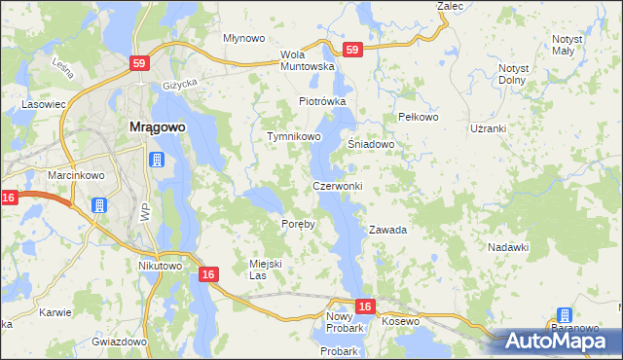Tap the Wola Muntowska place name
tap(307, 60)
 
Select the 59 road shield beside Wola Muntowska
tap(352, 49)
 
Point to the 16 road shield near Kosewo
tap(364, 306)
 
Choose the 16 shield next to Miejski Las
tap(208, 275)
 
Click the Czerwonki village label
tap(337, 186)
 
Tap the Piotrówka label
tap(322, 101)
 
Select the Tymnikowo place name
tap(294, 137)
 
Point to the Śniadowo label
tap(371, 144)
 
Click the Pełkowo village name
tap(420, 117)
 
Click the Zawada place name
tap(386, 231)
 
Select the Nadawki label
tap(507, 247)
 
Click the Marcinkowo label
tap(70, 175)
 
